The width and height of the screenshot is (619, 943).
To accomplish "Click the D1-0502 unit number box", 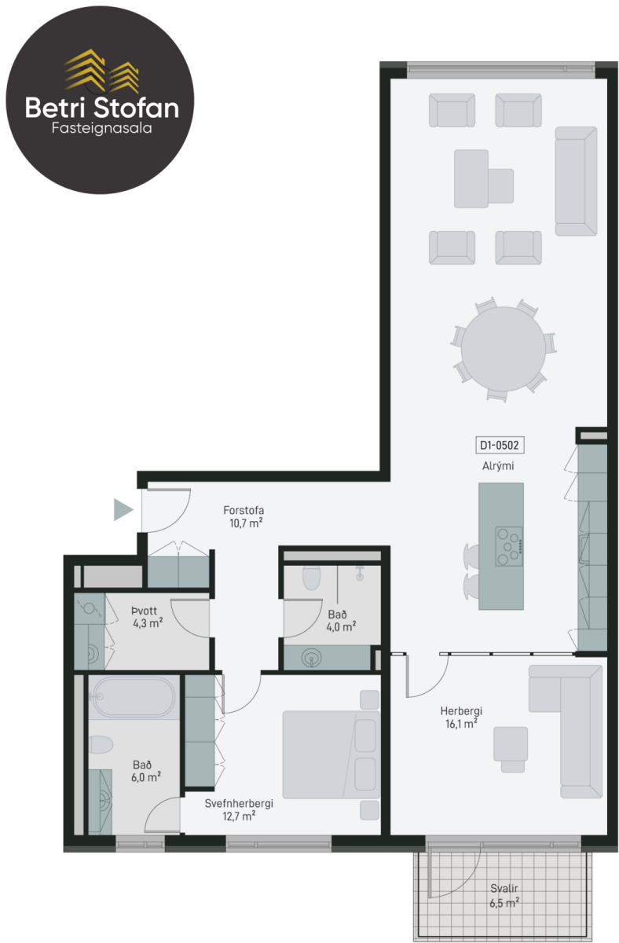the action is (500, 445).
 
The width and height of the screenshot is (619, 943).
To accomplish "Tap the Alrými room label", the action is (498, 466).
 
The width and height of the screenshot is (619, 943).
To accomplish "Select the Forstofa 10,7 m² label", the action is (244, 516).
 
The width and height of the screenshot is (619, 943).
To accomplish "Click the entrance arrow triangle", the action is (123, 510).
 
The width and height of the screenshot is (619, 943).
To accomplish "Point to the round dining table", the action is (504, 349).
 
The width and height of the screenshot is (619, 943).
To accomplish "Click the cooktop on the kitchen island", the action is (509, 546).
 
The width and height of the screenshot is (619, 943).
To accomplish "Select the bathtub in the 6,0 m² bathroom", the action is (134, 697).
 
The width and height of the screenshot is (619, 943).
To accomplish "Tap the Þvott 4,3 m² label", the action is (147, 617).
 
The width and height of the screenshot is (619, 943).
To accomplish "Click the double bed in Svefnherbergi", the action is (331, 755).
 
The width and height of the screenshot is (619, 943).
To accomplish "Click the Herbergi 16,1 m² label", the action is (461, 717).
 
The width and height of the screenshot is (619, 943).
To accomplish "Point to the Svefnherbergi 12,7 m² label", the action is (239, 810).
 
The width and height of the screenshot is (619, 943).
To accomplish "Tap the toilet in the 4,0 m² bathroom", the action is (311, 577).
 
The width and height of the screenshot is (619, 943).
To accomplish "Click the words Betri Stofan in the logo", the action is (102, 108).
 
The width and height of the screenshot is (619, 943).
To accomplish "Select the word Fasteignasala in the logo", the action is (101, 128).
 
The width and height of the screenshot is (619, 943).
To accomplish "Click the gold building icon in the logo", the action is (102, 71).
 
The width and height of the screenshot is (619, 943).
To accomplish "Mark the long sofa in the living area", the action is (576, 181).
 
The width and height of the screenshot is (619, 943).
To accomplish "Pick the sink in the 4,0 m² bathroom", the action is (311, 658).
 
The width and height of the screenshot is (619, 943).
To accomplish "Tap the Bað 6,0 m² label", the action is (145, 771).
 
